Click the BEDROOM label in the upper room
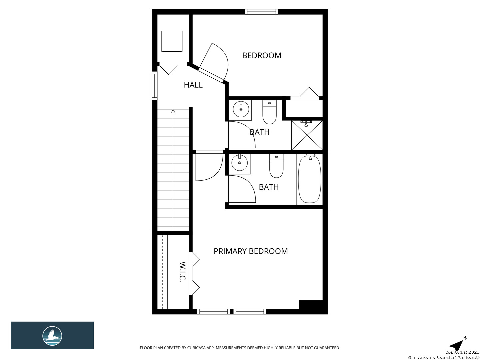click(x=262, y=55)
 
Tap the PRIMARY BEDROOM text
click(x=251, y=251)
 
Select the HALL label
click(x=193, y=85)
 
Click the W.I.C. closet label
click(x=182, y=272)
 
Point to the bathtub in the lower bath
click(x=309, y=179)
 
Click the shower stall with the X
click(x=307, y=135)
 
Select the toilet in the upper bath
click(x=269, y=112)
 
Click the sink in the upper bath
click(x=241, y=109)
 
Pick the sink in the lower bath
click(x=239, y=163)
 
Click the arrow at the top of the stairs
click(x=173, y=111)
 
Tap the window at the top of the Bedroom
click(x=261, y=12)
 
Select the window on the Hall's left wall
click(x=154, y=86)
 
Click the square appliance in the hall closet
click(x=172, y=41)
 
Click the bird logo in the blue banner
click(x=52, y=335)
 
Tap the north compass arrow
click(x=457, y=345)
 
